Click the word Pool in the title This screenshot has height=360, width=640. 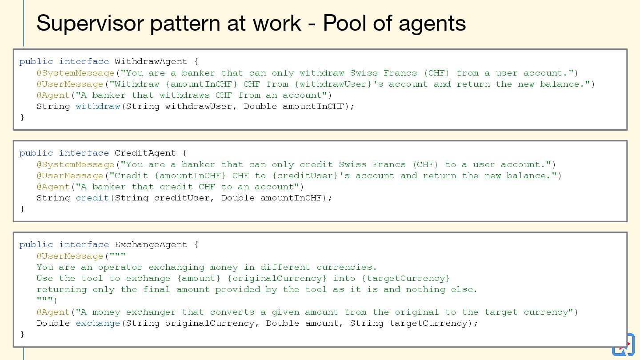click(344, 23)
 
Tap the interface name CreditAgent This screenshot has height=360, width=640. click(145, 153)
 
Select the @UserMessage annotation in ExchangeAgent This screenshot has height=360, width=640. click(70, 256)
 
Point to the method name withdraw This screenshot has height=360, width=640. click(98, 106)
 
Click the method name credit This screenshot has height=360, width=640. click(92, 198)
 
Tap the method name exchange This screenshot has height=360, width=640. click(98, 323)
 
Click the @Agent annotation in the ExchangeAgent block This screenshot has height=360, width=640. click(53, 312)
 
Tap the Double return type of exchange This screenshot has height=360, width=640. click(53, 323)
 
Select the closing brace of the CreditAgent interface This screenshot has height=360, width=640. click(22, 209)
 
